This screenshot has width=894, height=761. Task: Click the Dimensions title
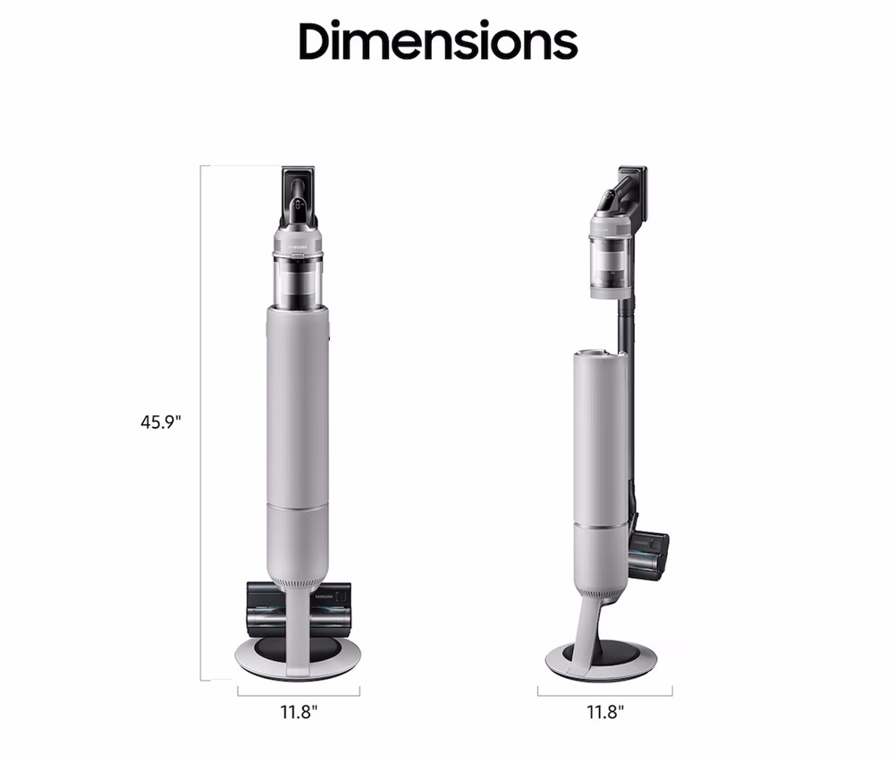click(438, 40)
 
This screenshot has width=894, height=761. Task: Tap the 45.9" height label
click(160, 422)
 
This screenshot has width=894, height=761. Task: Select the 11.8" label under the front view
click(299, 712)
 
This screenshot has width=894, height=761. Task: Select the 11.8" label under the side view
click(605, 712)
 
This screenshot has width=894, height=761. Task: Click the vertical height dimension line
click(200, 422)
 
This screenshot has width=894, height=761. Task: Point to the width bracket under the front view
click(299, 694)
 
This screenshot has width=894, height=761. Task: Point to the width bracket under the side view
click(605, 694)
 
